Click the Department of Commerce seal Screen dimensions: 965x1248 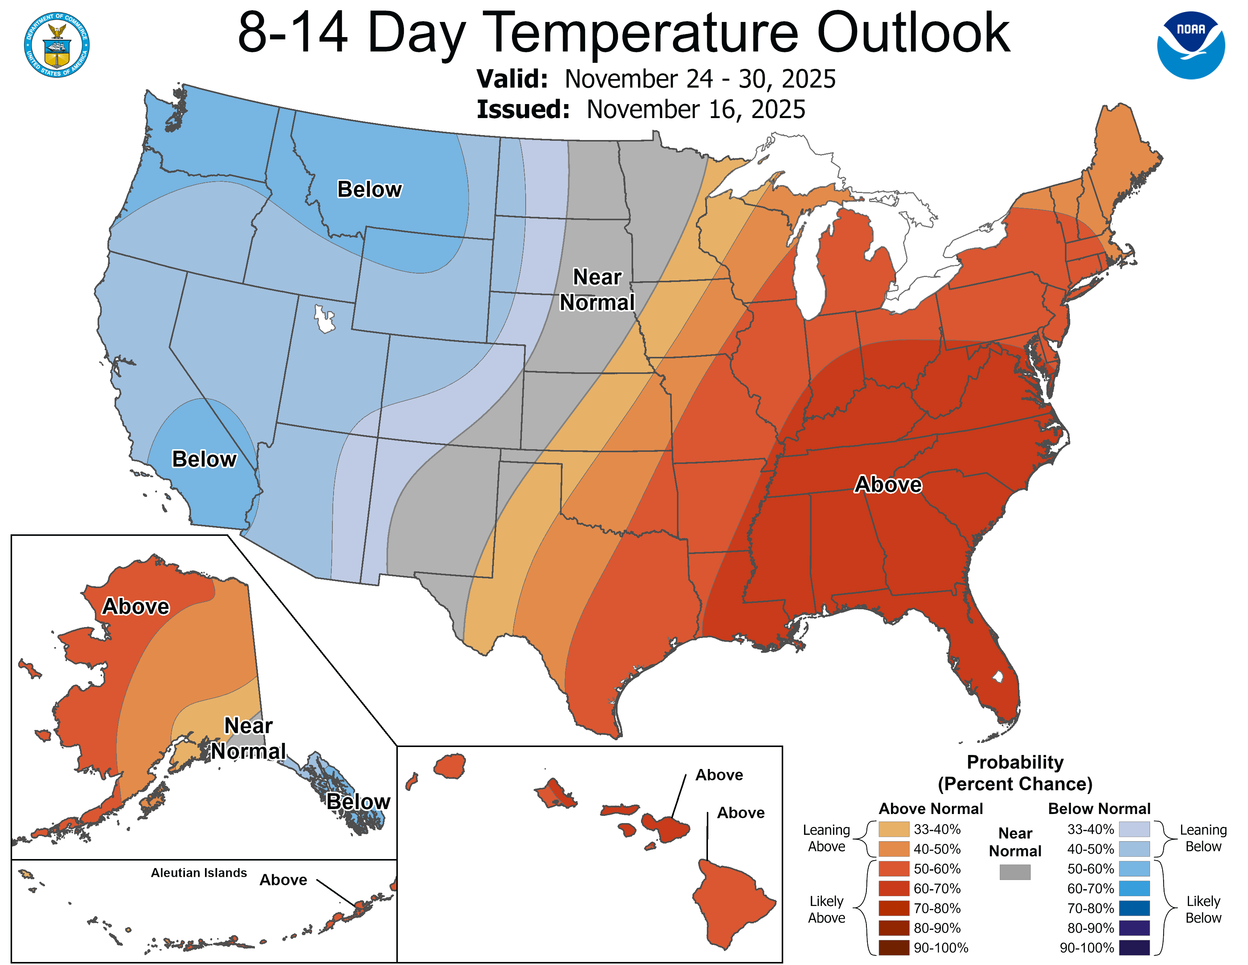tap(57, 45)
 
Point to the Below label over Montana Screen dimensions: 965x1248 tap(369, 189)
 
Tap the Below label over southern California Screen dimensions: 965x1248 tap(204, 459)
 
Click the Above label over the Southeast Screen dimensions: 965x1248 tap(888, 484)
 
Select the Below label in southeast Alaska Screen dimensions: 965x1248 tap(358, 802)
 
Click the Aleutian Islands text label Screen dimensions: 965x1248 tap(199, 872)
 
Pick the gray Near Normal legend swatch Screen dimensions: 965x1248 tap(1015, 872)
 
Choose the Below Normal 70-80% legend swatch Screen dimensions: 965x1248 tap(1134, 908)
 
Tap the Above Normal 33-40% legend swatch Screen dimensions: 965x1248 tap(894, 829)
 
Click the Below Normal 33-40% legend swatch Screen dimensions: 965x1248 tap(1134, 829)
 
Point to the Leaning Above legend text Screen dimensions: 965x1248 tap(826, 838)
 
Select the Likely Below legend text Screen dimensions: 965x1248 tap(1203, 909)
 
